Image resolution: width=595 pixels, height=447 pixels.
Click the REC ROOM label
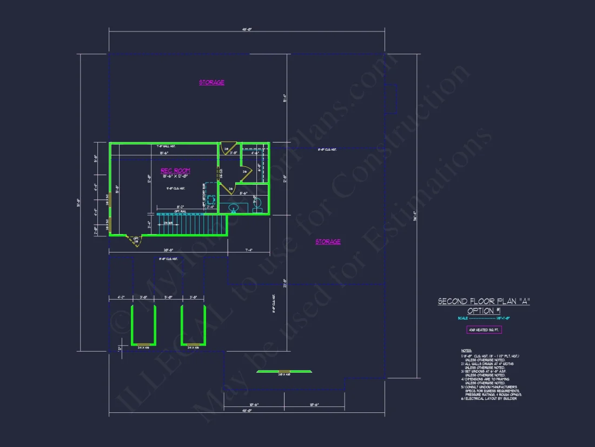pyautogui.click(x=175, y=171)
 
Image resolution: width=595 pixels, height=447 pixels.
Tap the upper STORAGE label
pyautogui.click(x=211, y=82)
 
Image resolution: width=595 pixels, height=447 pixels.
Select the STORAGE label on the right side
pyautogui.click(x=328, y=242)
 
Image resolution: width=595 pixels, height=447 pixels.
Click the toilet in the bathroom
pyautogui.click(x=257, y=204)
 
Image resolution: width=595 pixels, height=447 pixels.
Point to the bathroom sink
pyautogui.click(x=234, y=208)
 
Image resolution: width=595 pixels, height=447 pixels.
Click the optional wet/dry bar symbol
pyautogui.click(x=211, y=194)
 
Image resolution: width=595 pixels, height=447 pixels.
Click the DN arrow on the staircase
pyautogui.click(x=169, y=223)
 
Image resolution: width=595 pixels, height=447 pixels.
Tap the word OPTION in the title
pyautogui.click(x=479, y=310)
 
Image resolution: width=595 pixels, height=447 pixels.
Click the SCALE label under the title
pyautogui.click(x=462, y=318)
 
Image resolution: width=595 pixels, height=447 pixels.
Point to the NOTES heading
pyautogui.click(x=466, y=351)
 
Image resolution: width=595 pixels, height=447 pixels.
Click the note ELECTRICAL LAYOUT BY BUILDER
pyautogui.click(x=490, y=398)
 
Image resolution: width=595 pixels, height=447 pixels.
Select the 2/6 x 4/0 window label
pyautogui.click(x=284, y=374)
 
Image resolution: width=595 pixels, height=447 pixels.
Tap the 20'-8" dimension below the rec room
pyautogui.click(x=168, y=250)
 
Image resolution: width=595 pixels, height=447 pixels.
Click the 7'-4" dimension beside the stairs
pyautogui.click(x=248, y=250)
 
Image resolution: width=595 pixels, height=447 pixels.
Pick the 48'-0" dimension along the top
pyautogui.click(x=247, y=29)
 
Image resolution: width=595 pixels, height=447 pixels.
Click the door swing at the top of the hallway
pyautogui.click(x=228, y=147)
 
